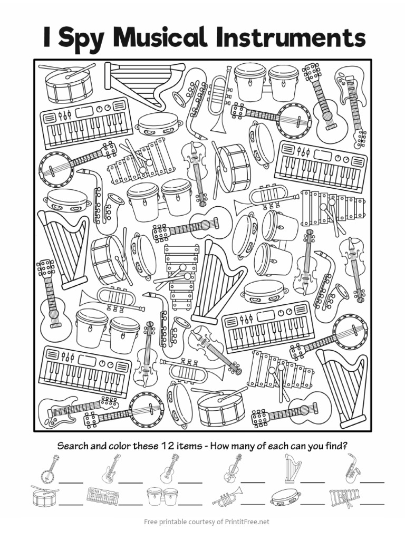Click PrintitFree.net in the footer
pyautogui.click(x=240, y=522)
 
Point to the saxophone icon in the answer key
pyautogui.click(x=352, y=468)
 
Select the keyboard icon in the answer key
pyautogui.click(x=103, y=496)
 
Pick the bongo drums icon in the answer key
pyautogui.click(x=162, y=497)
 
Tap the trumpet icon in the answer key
pyautogui.click(x=227, y=496)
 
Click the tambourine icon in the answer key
pyautogui.click(x=285, y=496)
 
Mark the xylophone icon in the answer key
pyautogui.click(x=344, y=497)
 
